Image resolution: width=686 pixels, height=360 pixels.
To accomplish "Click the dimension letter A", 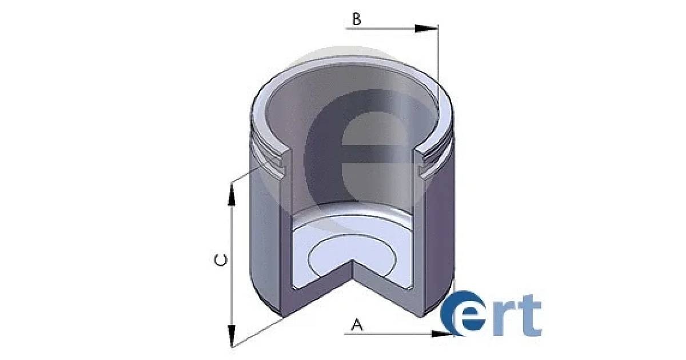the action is coord(357,325).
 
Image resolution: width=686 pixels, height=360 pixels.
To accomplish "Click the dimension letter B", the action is coord(357,19).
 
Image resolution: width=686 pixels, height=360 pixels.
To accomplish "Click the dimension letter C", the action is coord(221,260).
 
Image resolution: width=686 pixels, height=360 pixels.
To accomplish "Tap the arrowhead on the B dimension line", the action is coord(426,29).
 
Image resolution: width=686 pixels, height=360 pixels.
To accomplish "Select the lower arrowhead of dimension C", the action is coord(232,336).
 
